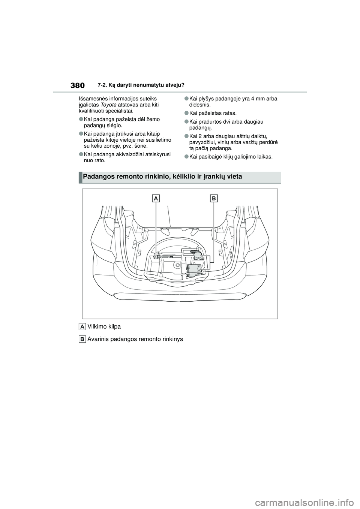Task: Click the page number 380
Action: click(x=77, y=85)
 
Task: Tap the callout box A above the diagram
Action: click(x=156, y=198)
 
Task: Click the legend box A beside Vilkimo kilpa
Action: click(x=82, y=327)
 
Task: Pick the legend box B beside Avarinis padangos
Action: click(x=82, y=339)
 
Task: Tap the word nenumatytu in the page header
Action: click(x=143, y=85)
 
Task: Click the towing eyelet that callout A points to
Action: click(x=156, y=257)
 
